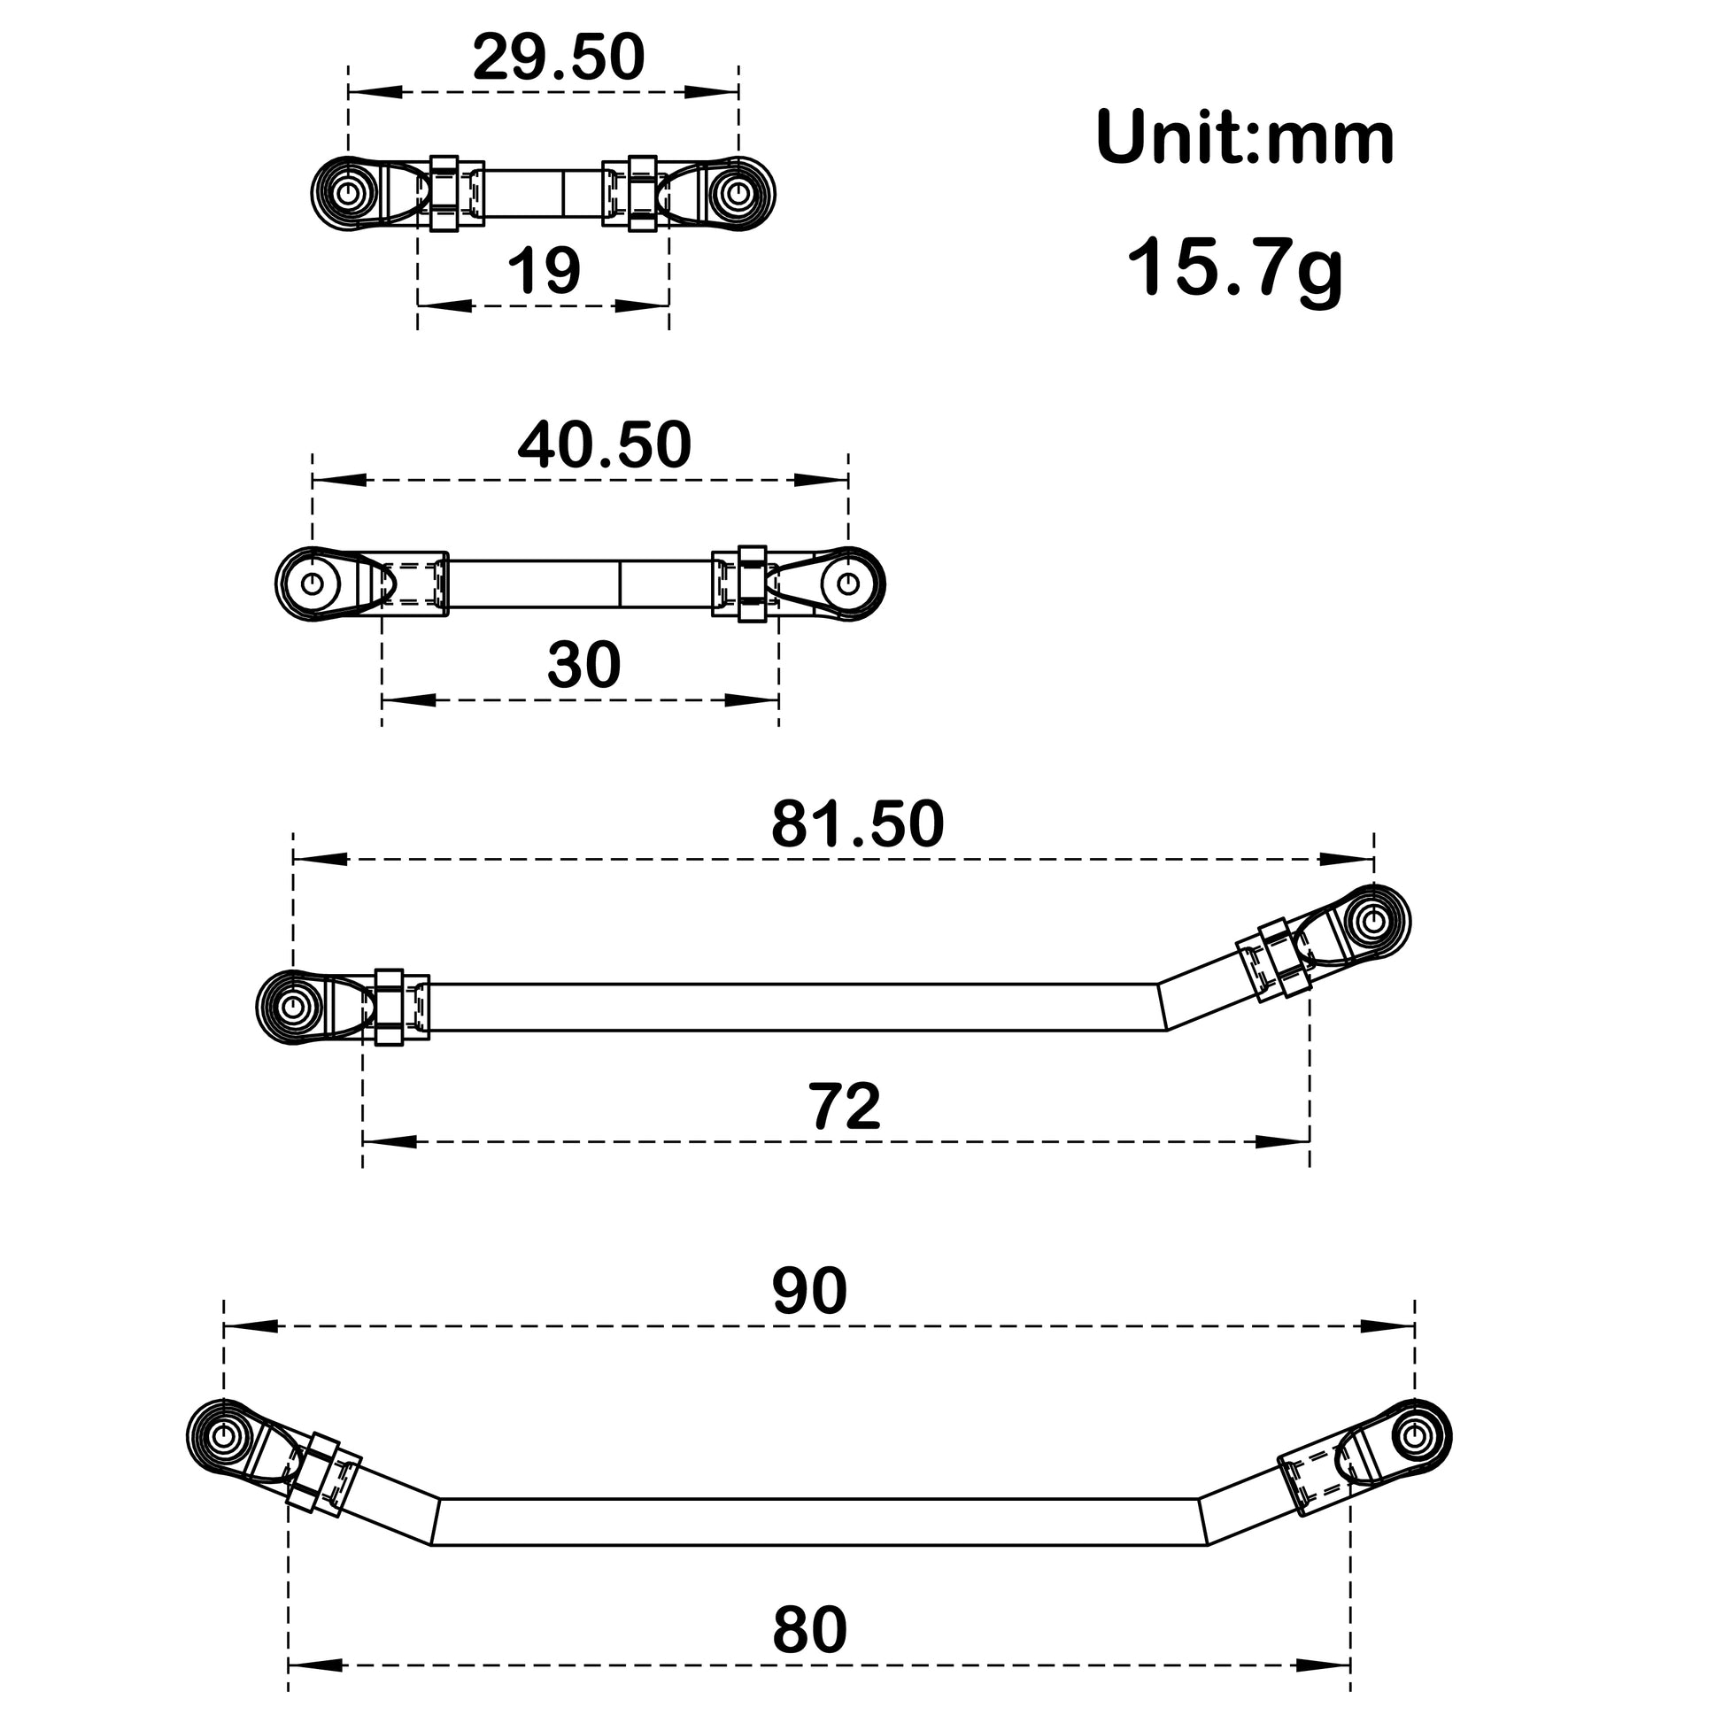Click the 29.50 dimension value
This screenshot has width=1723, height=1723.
tap(559, 57)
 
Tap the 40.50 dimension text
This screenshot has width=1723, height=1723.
tap(604, 445)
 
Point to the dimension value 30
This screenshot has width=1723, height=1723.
tap(583, 664)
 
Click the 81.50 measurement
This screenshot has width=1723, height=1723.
tap(857, 824)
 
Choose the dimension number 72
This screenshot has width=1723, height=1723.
tap(845, 1107)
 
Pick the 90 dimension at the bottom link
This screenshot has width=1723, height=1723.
tap(809, 1290)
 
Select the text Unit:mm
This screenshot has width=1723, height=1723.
tap(1244, 138)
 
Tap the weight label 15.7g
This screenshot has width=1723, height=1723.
tap(1234, 267)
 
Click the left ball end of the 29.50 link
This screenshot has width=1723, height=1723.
tap(348, 193)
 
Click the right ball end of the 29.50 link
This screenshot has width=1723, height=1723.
tap(738, 193)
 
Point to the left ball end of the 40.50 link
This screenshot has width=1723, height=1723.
tap(313, 583)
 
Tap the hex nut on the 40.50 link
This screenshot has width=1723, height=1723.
tap(752, 583)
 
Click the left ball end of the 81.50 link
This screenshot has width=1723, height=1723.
tap(292, 1006)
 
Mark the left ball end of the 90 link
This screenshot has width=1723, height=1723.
tap(224, 1436)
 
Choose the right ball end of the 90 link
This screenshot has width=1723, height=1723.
tap(1414, 1436)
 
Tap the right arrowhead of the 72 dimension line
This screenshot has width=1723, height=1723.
tap(1282, 1141)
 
